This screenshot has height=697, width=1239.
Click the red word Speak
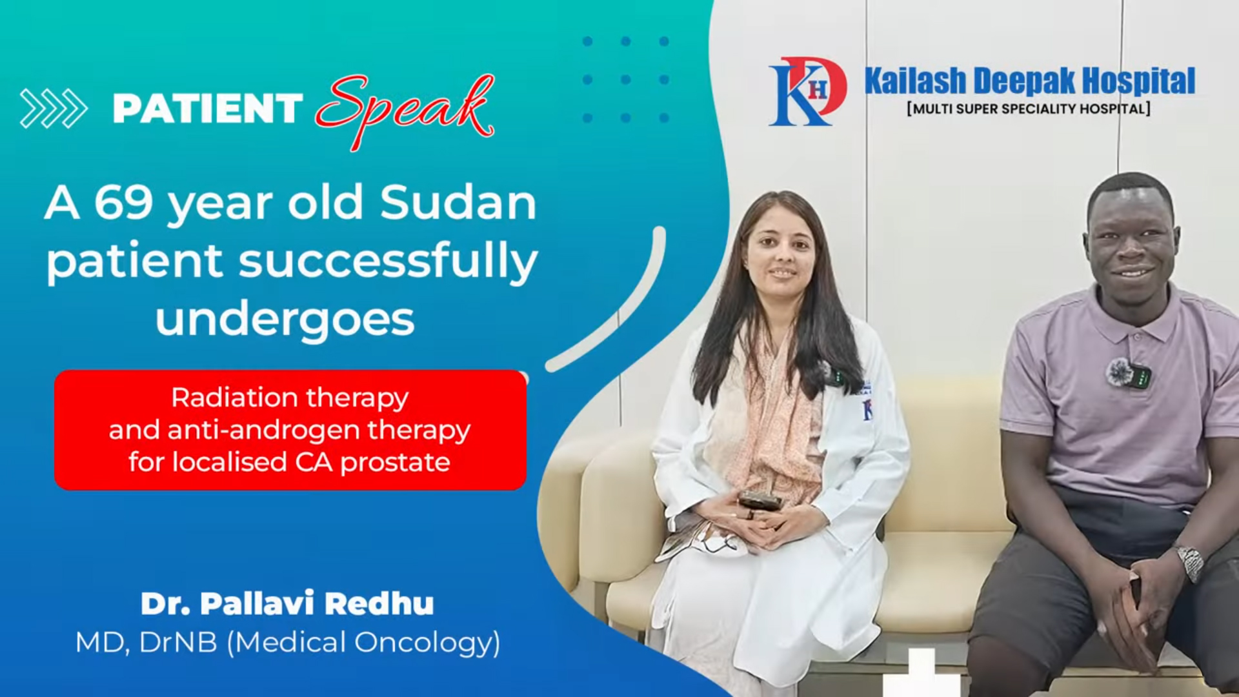[x=405, y=110]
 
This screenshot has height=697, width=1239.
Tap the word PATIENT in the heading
[x=208, y=108]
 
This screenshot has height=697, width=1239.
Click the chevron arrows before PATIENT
[x=54, y=108]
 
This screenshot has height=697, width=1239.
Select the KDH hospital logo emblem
[x=807, y=91]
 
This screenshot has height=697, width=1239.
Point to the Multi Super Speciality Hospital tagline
[x=1029, y=108]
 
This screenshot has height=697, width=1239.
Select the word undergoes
[x=285, y=319]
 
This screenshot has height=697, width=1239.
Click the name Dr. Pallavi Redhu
[x=287, y=603]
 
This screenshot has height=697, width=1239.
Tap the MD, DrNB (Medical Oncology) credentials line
[x=288, y=643]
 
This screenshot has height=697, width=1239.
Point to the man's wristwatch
[x=1189, y=561]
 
